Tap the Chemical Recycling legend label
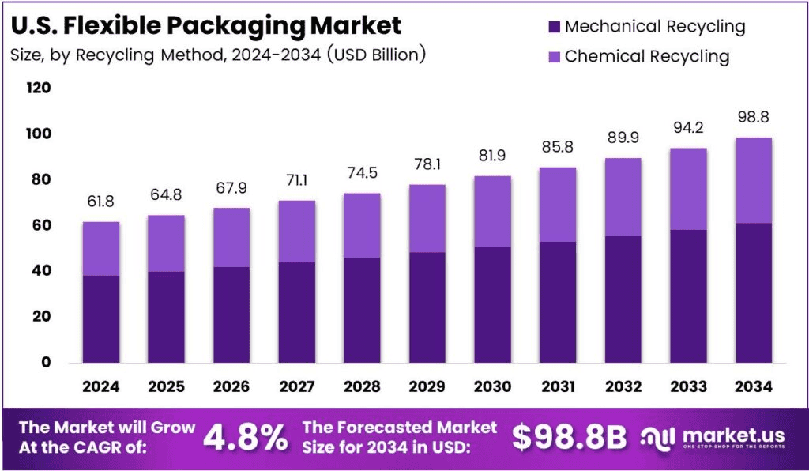[x=647, y=56]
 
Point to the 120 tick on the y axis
[x=39, y=89]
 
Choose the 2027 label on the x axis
[x=296, y=386]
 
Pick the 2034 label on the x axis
[x=752, y=386]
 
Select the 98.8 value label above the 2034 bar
[x=752, y=117]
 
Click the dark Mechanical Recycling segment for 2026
[x=231, y=315]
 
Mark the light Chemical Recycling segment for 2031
[x=557, y=204]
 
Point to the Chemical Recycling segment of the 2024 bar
[x=100, y=248]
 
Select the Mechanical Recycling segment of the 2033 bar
[x=687, y=296]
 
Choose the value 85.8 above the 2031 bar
[x=557, y=147]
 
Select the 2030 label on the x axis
[x=491, y=386]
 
